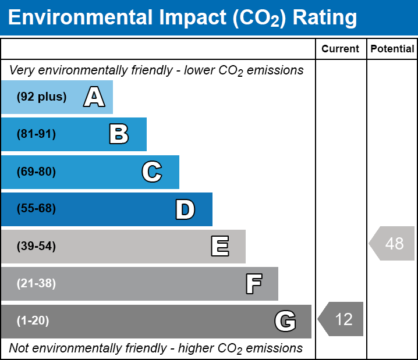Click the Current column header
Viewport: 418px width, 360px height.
click(x=341, y=49)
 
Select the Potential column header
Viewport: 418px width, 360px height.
click(x=392, y=49)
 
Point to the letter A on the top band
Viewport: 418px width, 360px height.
click(x=94, y=97)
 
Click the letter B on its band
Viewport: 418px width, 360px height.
click(x=119, y=134)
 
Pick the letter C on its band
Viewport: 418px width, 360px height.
click(x=151, y=172)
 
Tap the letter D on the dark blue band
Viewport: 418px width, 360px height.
click(x=185, y=209)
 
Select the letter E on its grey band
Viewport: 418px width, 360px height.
click(x=219, y=247)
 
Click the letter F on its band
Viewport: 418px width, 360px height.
click(x=253, y=284)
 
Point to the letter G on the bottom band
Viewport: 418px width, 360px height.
click(x=285, y=321)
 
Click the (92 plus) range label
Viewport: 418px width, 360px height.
click(x=41, y=97)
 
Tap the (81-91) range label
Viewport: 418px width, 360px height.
click(x=36, y=134)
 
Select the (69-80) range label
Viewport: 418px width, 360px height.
click(x=36, y=172)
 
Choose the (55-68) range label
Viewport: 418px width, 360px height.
click(x=36, y=209)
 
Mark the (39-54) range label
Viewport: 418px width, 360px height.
click(x=36, y=247)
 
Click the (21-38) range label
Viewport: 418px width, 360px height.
click(x=36, y=284)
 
